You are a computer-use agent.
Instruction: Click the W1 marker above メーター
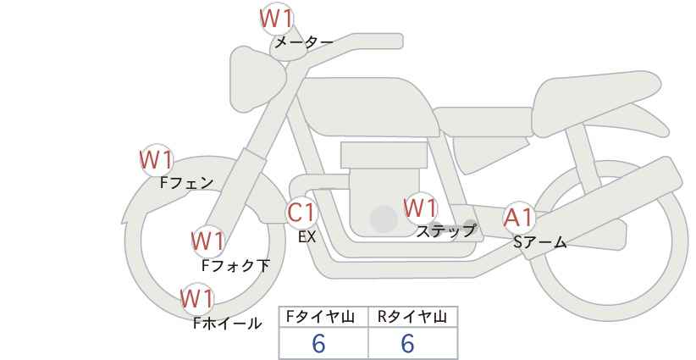(276, 19)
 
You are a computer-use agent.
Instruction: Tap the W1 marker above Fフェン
(157, 160)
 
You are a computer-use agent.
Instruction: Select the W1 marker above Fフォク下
(207, 242)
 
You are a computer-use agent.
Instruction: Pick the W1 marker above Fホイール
(197, 299)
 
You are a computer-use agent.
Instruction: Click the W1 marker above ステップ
(420, 208)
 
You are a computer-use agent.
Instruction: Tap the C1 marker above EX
(301, 213)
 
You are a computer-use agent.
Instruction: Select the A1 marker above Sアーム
(519, 218)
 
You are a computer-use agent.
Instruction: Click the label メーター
(304, 42)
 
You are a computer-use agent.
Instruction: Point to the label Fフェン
(186, 183)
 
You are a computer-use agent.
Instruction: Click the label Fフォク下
(235, 265)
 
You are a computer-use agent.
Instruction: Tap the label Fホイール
(227, 324)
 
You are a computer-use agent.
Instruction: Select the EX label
(307, 237)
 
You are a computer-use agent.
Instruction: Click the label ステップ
(445, 231)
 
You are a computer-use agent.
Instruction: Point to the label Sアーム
(540, 242)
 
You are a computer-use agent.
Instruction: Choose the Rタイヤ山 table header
(412, 317)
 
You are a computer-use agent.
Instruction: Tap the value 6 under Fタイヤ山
(318, 343)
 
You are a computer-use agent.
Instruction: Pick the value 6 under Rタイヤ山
(407, 343)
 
